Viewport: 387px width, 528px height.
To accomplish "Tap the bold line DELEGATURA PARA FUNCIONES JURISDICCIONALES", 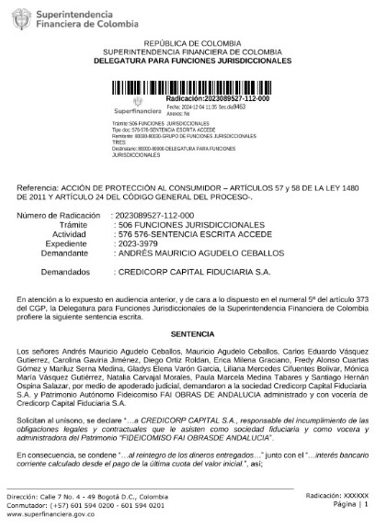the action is [193, 61].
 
